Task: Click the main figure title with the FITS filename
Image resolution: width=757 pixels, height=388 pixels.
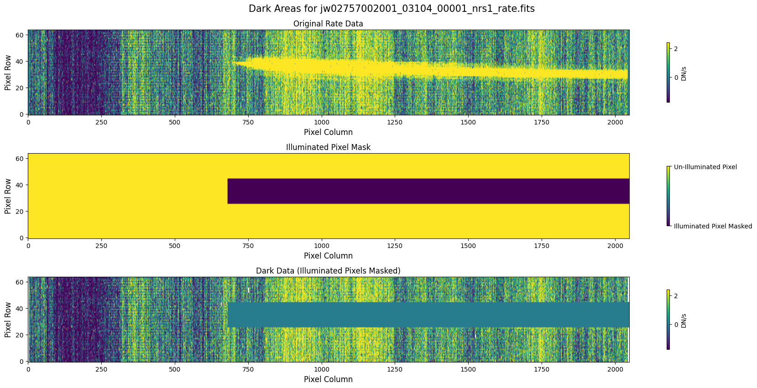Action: [x=392, y=9]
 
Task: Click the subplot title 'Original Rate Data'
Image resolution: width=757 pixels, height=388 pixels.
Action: [x=328, y=24]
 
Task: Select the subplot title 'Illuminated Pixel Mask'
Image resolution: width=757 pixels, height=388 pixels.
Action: [x=328, y=147]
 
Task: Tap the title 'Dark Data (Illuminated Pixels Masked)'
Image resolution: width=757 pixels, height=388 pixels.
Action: [x=328, y=271]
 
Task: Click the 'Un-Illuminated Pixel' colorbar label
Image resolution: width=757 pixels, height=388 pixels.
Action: [x=705, y=167]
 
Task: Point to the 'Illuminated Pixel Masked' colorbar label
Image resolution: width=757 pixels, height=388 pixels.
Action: [x=713, y=226]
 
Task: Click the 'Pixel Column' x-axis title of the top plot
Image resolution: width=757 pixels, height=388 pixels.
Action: [x=328, y=132]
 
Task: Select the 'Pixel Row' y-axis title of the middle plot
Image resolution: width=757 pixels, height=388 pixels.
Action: [x=8, y=196]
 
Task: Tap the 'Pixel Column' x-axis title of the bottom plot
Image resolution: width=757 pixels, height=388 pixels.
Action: [x=328, y=379]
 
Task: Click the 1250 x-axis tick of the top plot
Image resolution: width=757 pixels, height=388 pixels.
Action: [x=395, y=122]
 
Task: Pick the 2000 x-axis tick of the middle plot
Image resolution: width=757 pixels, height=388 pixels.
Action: [x=615, y=246]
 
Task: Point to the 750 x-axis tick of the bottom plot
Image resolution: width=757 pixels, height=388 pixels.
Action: [x=248, y=369]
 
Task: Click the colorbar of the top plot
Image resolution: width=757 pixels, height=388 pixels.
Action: [x=668, y=72]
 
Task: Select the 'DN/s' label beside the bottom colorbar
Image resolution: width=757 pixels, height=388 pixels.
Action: [x=684, y=321]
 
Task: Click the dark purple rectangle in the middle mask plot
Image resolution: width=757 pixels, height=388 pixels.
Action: [x=428, y=191]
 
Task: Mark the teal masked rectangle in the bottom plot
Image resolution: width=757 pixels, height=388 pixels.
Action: [x=428, y=315]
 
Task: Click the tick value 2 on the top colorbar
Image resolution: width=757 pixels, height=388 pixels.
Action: [x=676, y=48]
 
